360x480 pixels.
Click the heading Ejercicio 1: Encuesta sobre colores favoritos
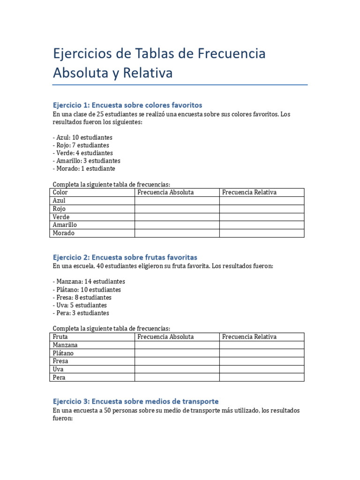click(x=127, y=105)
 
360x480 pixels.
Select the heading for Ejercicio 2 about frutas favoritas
click(x=125, y=257)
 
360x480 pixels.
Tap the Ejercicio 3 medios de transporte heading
click(x=135, y=402)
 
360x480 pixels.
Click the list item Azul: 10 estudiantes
click(x=82, y=137)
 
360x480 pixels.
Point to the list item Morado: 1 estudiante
click(x=84, y=168)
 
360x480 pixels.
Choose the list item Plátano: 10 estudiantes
click(x=87, y=290)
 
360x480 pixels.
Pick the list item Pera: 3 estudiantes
click(x=81, y=313)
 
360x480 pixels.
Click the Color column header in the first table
click(x=60, y=192)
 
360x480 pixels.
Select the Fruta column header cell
click(x=60, y=337)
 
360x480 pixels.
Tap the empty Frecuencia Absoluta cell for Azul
click(x=177, y=201)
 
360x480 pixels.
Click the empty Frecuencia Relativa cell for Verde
click(x=262, y=217)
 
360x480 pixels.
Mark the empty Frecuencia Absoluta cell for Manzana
click(x=177, y=345)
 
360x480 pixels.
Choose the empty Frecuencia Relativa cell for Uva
click(x=262, y=369)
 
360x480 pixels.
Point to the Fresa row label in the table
click(x=61, y=361)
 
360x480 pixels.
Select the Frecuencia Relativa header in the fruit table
click(x=249, y=337)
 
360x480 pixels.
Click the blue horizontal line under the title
click(x=180, y=85)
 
